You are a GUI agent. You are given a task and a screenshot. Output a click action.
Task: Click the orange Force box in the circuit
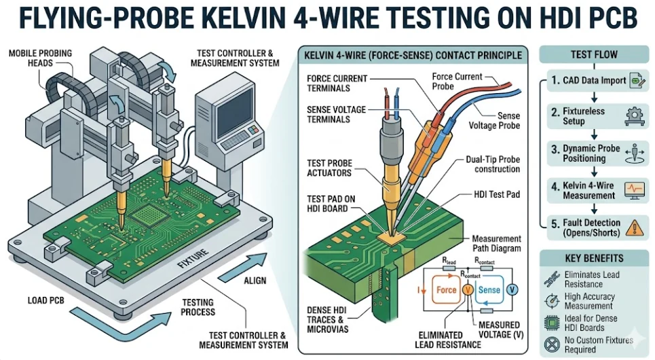click(446, 290)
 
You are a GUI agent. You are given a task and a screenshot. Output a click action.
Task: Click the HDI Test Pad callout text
click(498, 195)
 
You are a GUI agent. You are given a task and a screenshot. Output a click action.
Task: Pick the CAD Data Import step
click(594, 80)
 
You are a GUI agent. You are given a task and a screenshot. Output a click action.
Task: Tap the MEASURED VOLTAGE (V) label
click(499, 329)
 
